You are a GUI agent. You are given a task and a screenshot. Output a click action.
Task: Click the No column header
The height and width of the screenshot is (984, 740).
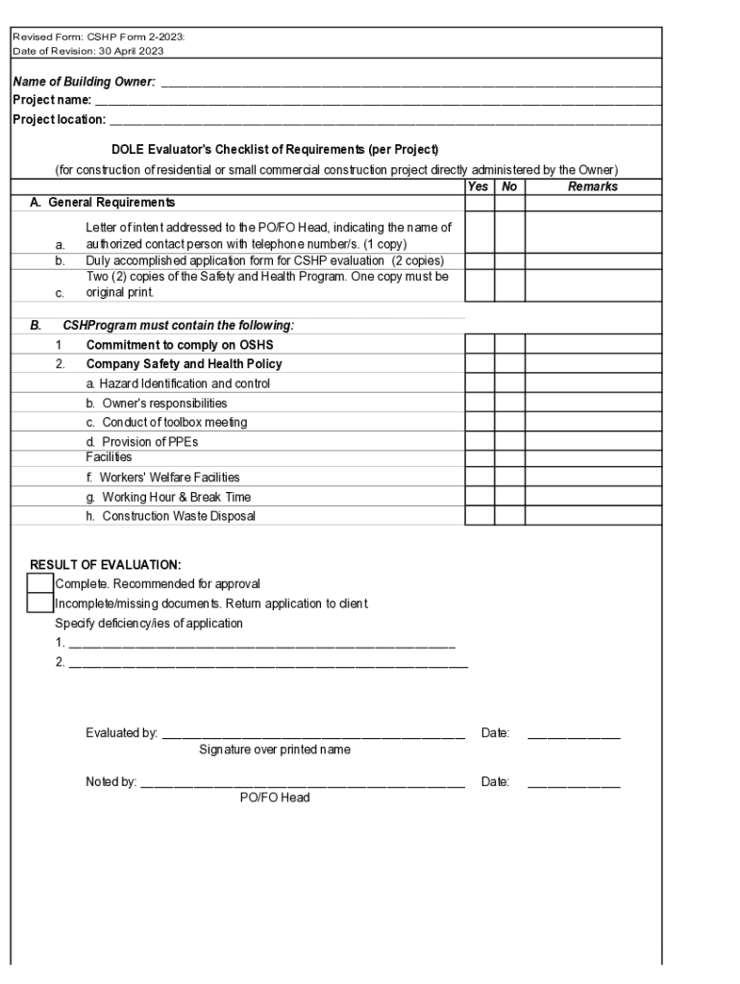click(509, 186)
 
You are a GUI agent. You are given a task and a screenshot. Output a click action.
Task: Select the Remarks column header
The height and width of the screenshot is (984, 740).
click(592, 186)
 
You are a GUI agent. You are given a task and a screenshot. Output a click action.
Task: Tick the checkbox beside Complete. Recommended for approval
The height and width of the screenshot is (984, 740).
click(40, 583)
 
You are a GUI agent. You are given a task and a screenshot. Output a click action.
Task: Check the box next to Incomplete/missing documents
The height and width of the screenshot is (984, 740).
click(40, 603)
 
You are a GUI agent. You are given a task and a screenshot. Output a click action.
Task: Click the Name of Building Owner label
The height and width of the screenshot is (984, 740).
click(84, 82)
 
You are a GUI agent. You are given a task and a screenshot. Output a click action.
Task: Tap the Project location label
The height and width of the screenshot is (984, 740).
click(59, 119)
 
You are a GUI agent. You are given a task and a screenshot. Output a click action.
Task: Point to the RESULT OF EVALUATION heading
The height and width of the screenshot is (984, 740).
click(105, 565)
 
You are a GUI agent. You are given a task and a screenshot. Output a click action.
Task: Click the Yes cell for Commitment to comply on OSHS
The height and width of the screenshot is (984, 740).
click(480, 344)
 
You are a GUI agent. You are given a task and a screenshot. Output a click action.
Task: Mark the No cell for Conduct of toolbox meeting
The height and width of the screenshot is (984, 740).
click(510, 422)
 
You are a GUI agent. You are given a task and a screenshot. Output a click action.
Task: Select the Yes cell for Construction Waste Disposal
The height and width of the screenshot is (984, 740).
click(480, 516)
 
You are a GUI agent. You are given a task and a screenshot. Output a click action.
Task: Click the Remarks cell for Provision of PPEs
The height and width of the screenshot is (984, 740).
click(593, 441)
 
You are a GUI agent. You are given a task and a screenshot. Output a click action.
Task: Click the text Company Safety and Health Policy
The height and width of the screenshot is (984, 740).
click(184, 364)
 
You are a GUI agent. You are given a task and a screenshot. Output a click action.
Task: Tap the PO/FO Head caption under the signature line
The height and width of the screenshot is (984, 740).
click(275, 798)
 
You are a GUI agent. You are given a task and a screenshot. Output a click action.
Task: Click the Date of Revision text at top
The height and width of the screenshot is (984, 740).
click(87, 51)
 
